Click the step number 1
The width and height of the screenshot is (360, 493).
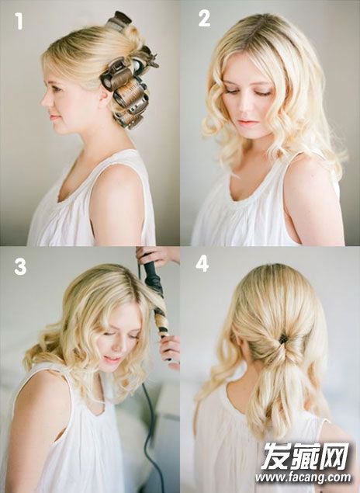(19, 22)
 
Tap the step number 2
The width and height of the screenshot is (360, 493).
(204, 19)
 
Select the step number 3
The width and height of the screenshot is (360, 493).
(20, 267)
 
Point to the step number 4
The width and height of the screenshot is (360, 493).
(202, 264)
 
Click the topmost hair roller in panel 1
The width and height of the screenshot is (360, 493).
(119, 19)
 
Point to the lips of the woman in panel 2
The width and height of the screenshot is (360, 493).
(247, 122)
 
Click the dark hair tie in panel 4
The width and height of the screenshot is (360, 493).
(283, 339)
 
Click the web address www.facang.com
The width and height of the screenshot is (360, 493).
(303, 477)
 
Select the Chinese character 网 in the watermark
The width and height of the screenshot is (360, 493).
(334, 456)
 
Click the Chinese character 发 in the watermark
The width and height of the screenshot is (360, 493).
(275, 456)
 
